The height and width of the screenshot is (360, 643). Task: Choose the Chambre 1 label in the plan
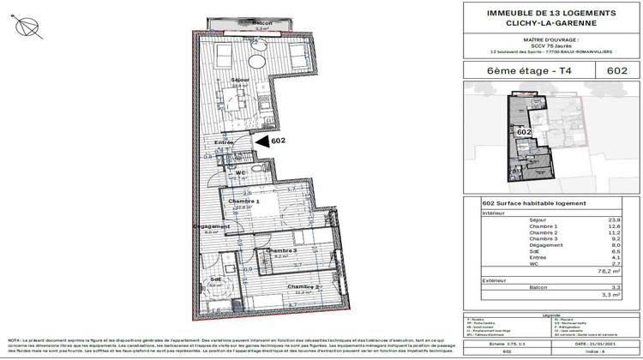point(243,201)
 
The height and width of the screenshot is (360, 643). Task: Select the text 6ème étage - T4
point(514,72)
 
